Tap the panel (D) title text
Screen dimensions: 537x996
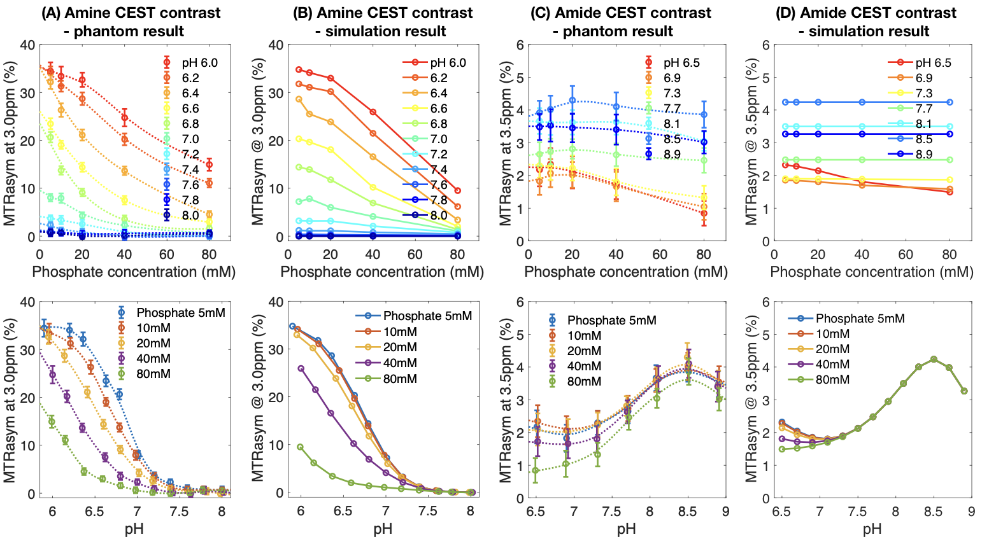[869, 22]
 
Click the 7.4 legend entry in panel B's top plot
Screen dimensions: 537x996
[439, 169]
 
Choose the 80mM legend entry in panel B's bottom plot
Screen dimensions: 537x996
[400, 379]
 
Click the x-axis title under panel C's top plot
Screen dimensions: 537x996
[625, 272]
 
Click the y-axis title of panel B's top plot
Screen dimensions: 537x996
[258, 141]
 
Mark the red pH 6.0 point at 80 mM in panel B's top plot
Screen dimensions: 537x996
[457, 190]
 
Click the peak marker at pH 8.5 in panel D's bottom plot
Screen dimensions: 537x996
[934, 359]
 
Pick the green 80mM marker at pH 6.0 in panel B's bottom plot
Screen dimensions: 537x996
[300, 447]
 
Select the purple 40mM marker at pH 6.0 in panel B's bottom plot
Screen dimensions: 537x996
[301, 368]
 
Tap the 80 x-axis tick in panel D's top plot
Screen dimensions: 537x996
[950, 255]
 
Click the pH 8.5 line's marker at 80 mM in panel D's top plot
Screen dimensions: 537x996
[950, 102]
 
